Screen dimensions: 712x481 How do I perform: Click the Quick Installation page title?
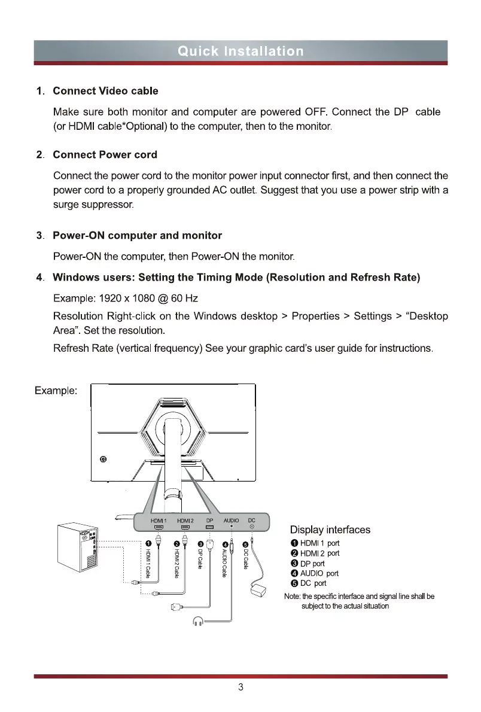(x=240, y=51)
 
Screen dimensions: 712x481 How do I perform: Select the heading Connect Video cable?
(x=105, y=91)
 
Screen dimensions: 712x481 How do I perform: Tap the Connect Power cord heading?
(x=105, y=154)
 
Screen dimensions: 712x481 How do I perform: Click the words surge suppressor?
(x=94, y=205)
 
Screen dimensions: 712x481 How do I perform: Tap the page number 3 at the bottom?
(x=240, y=687)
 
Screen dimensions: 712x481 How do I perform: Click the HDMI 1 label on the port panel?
(x=159, y=521)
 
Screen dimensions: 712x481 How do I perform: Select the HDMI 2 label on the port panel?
(x=185, y=521)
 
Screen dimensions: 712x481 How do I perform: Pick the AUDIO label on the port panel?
(x=231, y=521)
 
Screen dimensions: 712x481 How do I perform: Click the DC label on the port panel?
(x=252, y=521)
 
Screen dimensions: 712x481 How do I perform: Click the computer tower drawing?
(x=77, y=548)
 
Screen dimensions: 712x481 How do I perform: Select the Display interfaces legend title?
(x=330, y=530)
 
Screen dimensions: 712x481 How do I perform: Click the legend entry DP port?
(x=312, y=563)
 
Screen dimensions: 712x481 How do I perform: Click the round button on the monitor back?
(x=103, y=460)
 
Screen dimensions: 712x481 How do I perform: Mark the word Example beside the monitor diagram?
(x=54, y=390)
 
